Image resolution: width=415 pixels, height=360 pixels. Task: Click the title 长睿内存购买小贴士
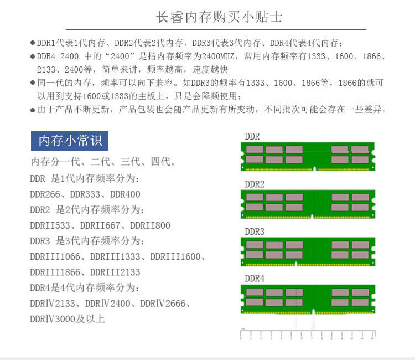click(x=219, y=17)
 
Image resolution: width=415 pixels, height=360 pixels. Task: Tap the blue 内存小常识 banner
click(x=70, y=141)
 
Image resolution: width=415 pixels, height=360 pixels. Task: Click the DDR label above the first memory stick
click(x=252, y=136)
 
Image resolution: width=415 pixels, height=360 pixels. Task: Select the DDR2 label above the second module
click(x=255, y=184)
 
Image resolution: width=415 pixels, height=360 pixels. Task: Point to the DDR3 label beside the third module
click(x=255, y=231)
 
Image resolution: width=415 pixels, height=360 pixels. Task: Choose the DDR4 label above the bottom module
click(x=255, y=278)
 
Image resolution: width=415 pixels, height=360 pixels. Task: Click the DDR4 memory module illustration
click(x=308, y=300)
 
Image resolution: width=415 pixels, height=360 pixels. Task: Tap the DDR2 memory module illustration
click(x=308, y=205)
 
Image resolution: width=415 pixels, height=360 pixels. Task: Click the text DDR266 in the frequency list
click(x=47, y=194)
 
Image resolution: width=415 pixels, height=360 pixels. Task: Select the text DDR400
click(x=125, y=194)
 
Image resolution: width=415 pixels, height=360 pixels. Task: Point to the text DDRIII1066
click(x=55, y=257)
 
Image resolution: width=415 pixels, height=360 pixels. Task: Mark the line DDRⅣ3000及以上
click(x=67, y=319)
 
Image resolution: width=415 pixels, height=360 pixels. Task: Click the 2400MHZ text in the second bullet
click(x=216, y=56)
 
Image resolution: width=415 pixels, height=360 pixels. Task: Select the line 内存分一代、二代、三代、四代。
click(x=103, y=163)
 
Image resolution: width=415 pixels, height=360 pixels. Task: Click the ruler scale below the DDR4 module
click(x=308, y=334)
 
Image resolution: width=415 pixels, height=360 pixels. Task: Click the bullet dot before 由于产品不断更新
click(x=33, y=110)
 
